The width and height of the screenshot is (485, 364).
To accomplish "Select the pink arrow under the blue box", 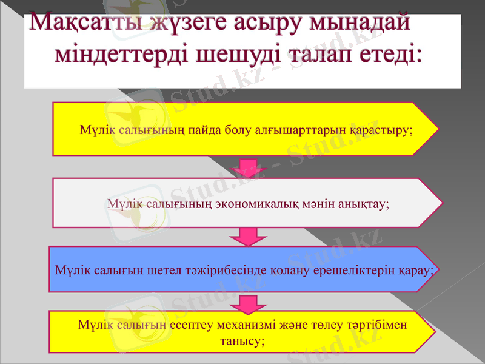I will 245,302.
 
